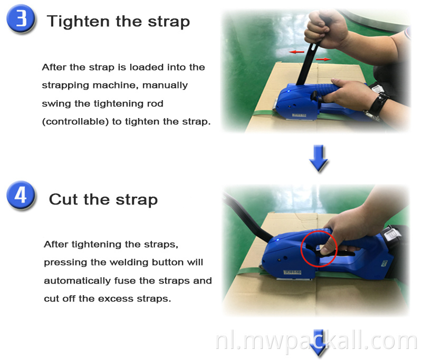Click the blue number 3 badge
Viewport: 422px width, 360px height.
[21, 21]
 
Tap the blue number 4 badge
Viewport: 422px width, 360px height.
[21, 196]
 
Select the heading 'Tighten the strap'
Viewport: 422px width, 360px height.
[118, 22]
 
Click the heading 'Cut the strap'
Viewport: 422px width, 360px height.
[103, 200]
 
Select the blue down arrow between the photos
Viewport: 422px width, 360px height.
[319, 158]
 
